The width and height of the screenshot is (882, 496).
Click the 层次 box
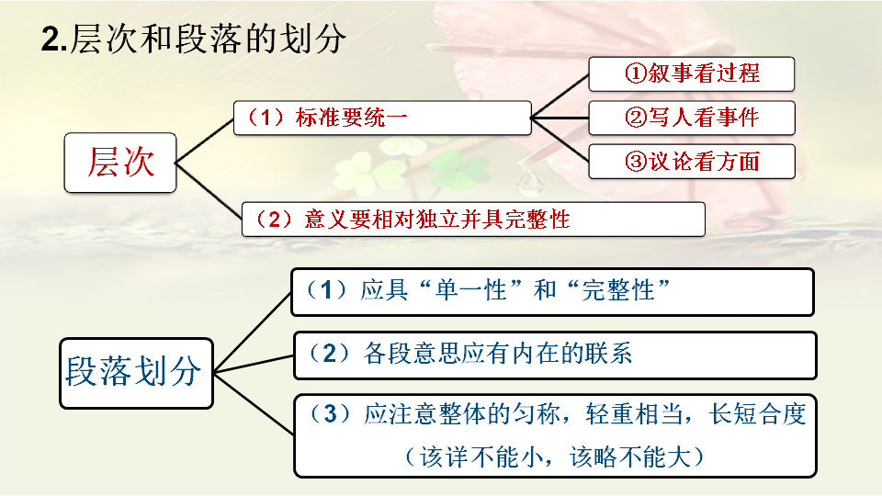[120, 162]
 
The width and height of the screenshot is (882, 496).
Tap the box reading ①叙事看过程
[691, 73]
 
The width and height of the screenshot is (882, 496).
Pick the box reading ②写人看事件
[691, 117]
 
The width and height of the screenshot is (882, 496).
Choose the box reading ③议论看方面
[691, 161]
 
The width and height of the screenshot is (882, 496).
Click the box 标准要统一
[381, 118]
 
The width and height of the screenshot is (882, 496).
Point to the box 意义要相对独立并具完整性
[472, 220]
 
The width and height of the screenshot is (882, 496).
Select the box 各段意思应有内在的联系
[554, 355]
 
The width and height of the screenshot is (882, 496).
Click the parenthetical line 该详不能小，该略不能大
[553, 456]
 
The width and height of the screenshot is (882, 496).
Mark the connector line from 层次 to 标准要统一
[204, 140]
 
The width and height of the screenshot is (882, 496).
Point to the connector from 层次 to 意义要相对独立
[209, 192]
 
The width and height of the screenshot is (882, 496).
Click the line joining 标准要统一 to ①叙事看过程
[560, 95]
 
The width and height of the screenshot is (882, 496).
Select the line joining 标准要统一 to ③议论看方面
[560, 140]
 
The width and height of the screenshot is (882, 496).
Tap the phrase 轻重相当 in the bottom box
[642, 414]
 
